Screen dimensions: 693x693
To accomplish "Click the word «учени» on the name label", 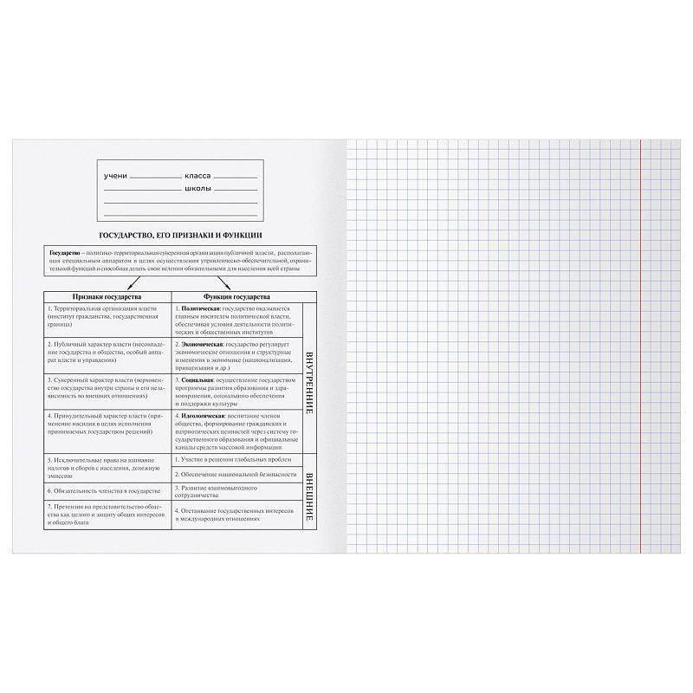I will click(115, 176).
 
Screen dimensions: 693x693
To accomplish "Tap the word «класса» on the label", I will click(198, 176).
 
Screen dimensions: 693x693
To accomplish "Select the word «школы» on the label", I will click(198, 188).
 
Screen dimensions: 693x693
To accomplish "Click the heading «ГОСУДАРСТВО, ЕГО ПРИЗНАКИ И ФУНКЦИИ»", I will click(180, 235).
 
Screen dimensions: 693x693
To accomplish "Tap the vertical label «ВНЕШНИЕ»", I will click(309, 491).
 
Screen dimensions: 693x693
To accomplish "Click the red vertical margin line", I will click(639, 346).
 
